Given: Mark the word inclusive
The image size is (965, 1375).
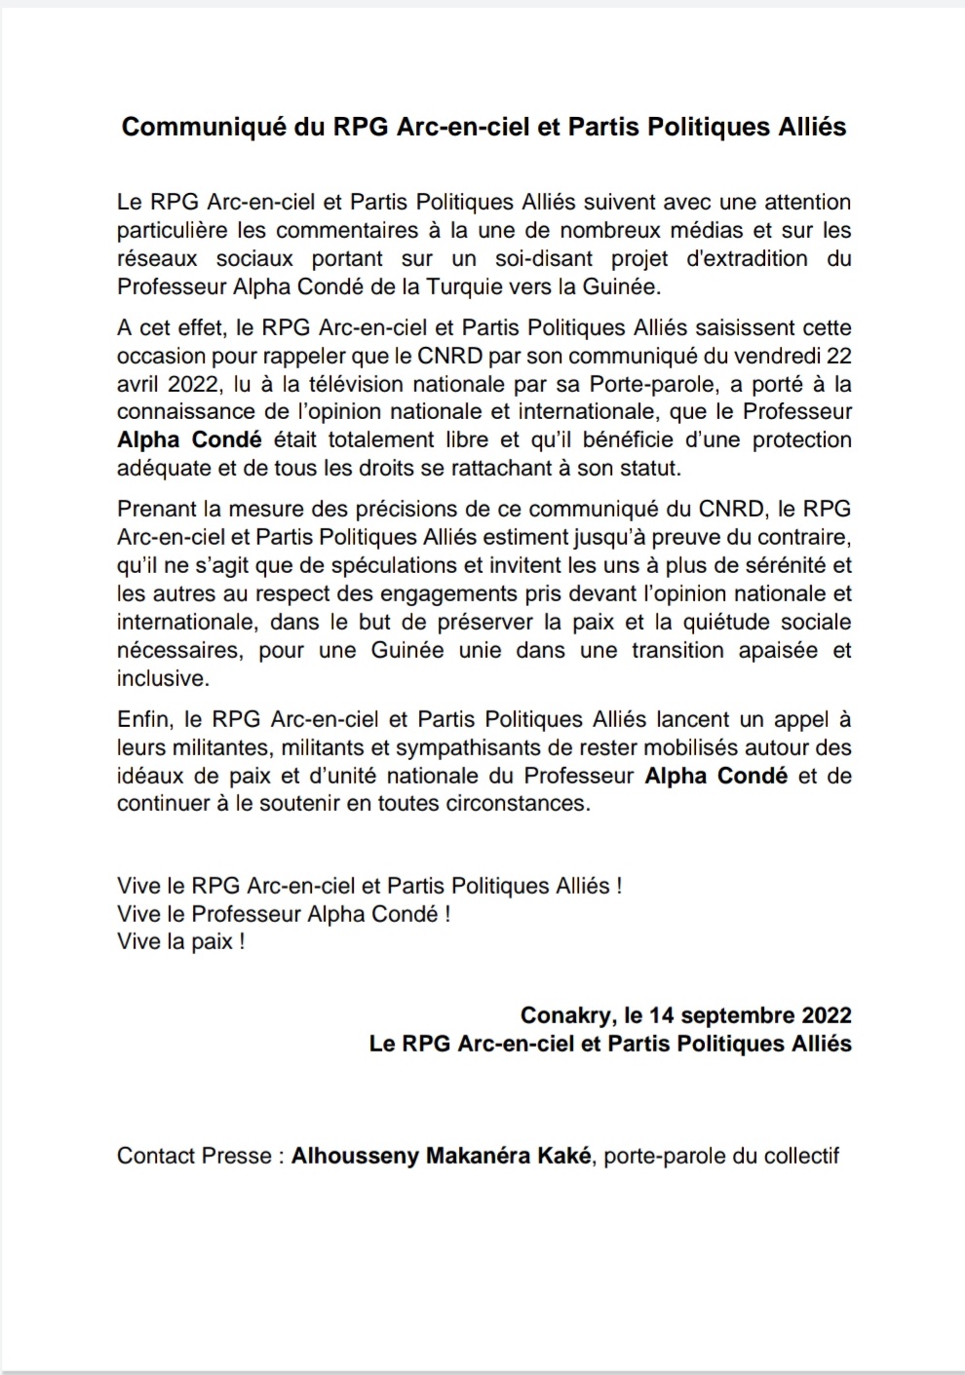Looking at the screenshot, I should [161, 678].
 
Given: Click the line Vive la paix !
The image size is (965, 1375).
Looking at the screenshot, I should [180, 942].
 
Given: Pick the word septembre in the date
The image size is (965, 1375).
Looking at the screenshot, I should [737, 1015].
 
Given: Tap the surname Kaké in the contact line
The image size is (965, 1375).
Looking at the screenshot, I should [564, 1157].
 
